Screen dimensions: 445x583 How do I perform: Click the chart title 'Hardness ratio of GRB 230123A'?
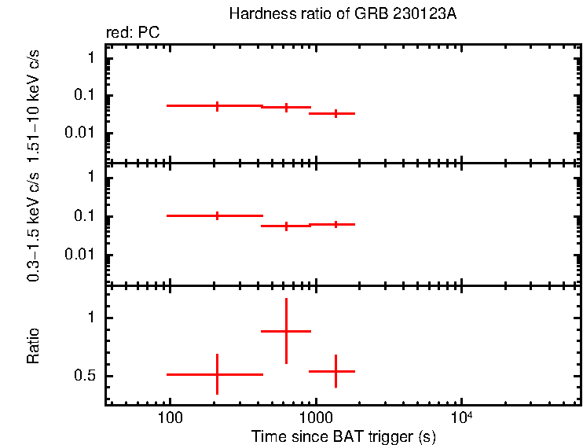point(343,14)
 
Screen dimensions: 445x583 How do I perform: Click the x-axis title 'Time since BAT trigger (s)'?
point(343,436)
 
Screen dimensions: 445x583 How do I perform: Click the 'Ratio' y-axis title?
point(34,347)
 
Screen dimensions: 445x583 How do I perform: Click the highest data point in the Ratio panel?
point(286,331)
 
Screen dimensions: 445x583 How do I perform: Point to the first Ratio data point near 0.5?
point(217,374)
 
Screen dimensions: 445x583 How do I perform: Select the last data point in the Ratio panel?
point(335,371)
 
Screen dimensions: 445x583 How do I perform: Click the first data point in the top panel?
point(217,105)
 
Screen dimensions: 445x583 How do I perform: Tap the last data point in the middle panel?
point(335,224)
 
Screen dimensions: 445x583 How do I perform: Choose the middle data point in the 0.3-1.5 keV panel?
point(286,226)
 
